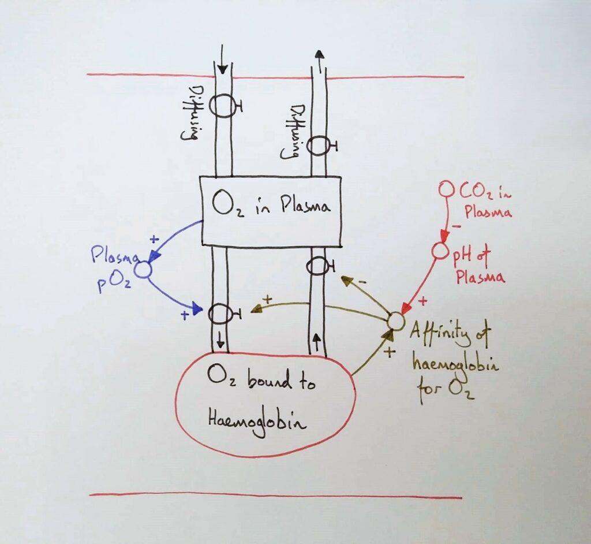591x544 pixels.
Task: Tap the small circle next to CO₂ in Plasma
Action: (x=446, y=189)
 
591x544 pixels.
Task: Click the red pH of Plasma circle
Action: (x=440, y=252)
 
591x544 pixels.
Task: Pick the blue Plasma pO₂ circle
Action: (x=142, y=269)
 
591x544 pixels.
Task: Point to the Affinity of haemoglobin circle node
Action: (x=394, y=319)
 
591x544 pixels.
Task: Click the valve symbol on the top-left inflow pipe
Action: (x=222, y=105)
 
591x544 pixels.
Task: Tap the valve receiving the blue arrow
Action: (x=220, y=314)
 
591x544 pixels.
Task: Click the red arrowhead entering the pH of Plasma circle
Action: (x=444, y=239)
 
